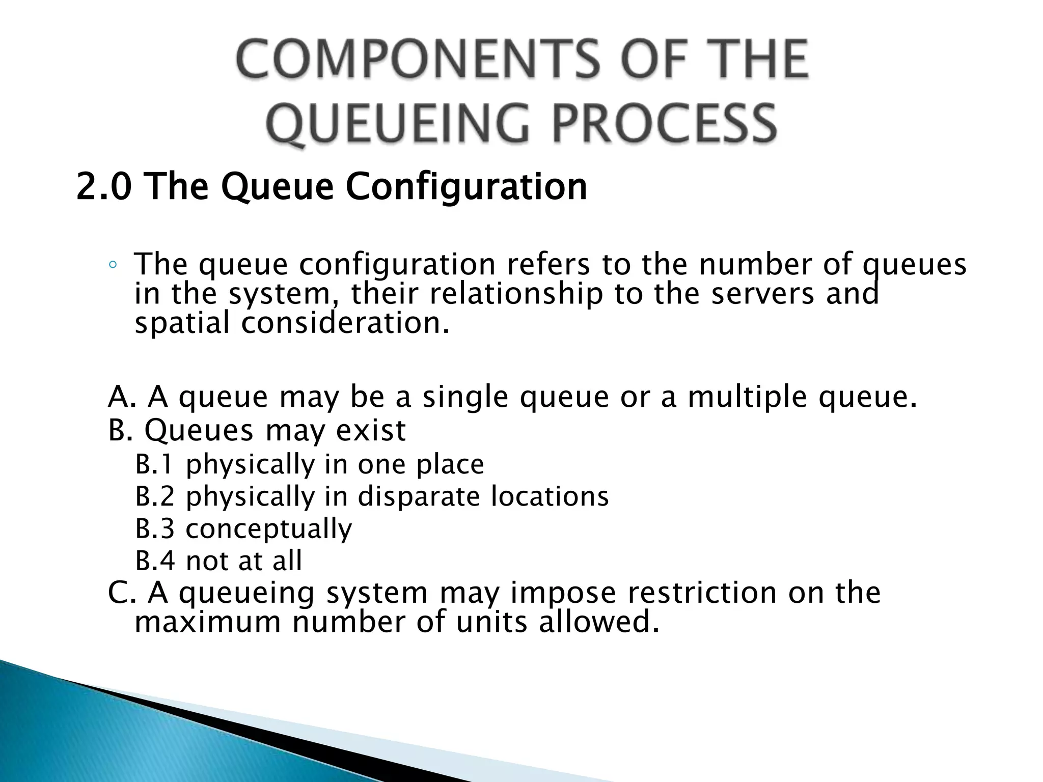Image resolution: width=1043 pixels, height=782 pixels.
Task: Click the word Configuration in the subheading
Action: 466,186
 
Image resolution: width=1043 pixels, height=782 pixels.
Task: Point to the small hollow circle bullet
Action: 113,265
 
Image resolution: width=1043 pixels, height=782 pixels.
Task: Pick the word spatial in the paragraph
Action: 182,323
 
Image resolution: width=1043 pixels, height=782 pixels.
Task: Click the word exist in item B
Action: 371,430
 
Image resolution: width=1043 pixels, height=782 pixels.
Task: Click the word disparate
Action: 419,496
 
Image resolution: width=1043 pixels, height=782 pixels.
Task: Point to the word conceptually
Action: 268,529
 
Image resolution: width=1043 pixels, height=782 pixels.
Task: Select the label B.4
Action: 155,561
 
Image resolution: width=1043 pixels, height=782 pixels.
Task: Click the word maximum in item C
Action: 207,622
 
